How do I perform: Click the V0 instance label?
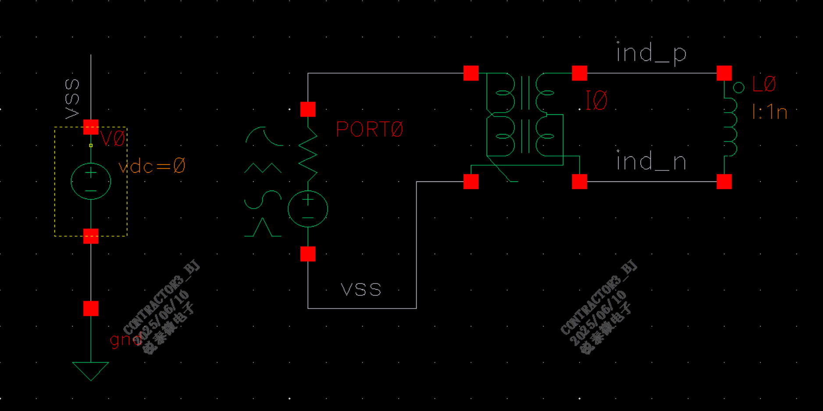tap(113, 139)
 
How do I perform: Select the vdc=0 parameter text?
tap(152, 166)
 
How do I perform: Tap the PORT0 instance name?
tap(369, 129)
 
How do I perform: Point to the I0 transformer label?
tap(597, 101)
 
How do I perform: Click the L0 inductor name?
tap(764, 84)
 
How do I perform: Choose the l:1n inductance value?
tap(770, 113)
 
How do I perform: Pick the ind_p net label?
tap(651, 53)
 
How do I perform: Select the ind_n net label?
tap(651, 162)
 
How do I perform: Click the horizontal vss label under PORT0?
tap(361, 290)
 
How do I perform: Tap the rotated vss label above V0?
tap(72, 99)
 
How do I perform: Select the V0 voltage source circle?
tap(91, 181)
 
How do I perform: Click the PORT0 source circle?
tap(308, 209)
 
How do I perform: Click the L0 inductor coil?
tap(730, 127)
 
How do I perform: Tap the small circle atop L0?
tap(738, 88)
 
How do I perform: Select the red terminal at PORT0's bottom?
tap(308, 254)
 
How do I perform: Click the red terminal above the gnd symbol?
tap(91, 308)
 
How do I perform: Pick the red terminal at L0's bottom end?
tap(724, 181)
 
